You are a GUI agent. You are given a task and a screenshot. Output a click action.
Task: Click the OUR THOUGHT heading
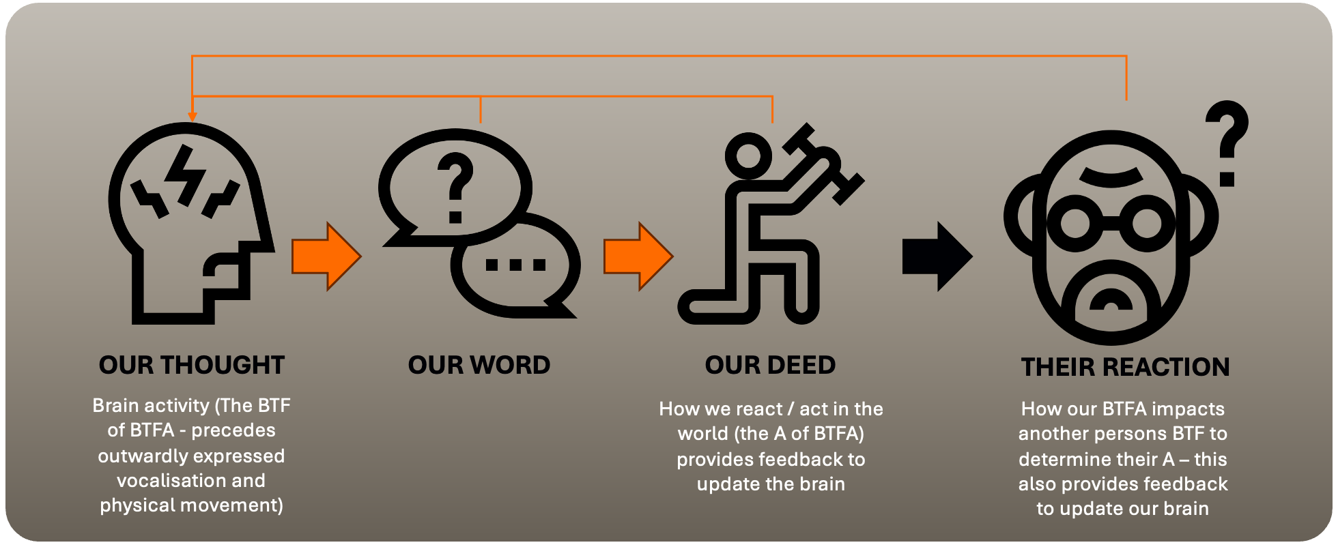pos(191,366)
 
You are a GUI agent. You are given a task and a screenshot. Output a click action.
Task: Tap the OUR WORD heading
pos(479,366)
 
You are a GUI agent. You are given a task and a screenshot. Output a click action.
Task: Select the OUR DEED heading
pos(770,366)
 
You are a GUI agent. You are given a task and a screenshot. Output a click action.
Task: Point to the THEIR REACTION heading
pos(1125,368)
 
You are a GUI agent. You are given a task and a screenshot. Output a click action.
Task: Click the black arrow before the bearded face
pos(936,256)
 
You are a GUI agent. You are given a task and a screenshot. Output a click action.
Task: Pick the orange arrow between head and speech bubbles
pos(325,256)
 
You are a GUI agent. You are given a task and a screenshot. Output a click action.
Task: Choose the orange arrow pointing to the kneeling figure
pos(637,256)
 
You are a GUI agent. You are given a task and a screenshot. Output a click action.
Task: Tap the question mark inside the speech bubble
pos(456,186)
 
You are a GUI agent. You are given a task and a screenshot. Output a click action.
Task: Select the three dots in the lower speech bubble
pos(515,265)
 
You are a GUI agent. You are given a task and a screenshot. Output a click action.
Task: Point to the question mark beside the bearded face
pos(1227,143)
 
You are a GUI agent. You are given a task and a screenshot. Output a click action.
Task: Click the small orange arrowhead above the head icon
pos(193,117)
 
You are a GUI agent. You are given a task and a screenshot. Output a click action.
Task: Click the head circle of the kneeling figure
pos(748,155)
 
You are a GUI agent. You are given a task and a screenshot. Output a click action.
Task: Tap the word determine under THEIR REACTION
pos(1061,460)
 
